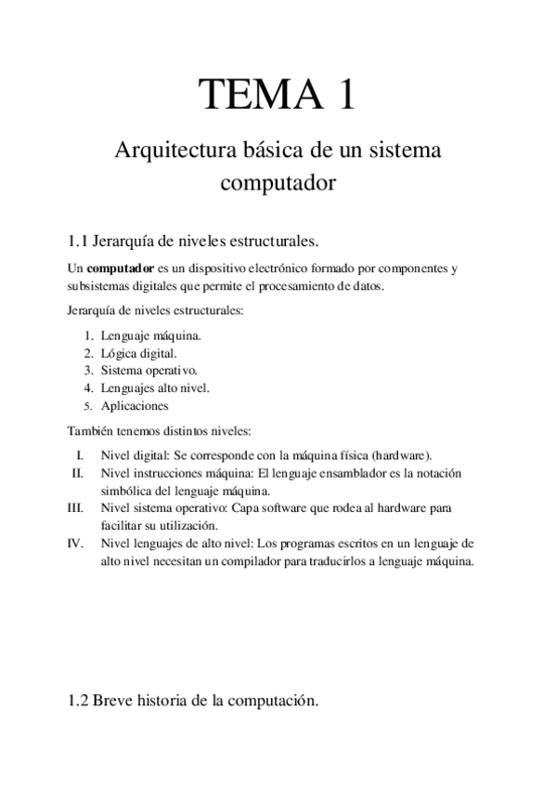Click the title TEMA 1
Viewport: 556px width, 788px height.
pos(278,96)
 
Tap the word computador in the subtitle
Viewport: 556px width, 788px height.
pos(278,184)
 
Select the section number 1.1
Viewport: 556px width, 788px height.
pos(78,242)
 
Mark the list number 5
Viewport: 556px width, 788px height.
pos(86,406)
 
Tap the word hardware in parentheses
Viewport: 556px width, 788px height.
pos(400,455)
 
